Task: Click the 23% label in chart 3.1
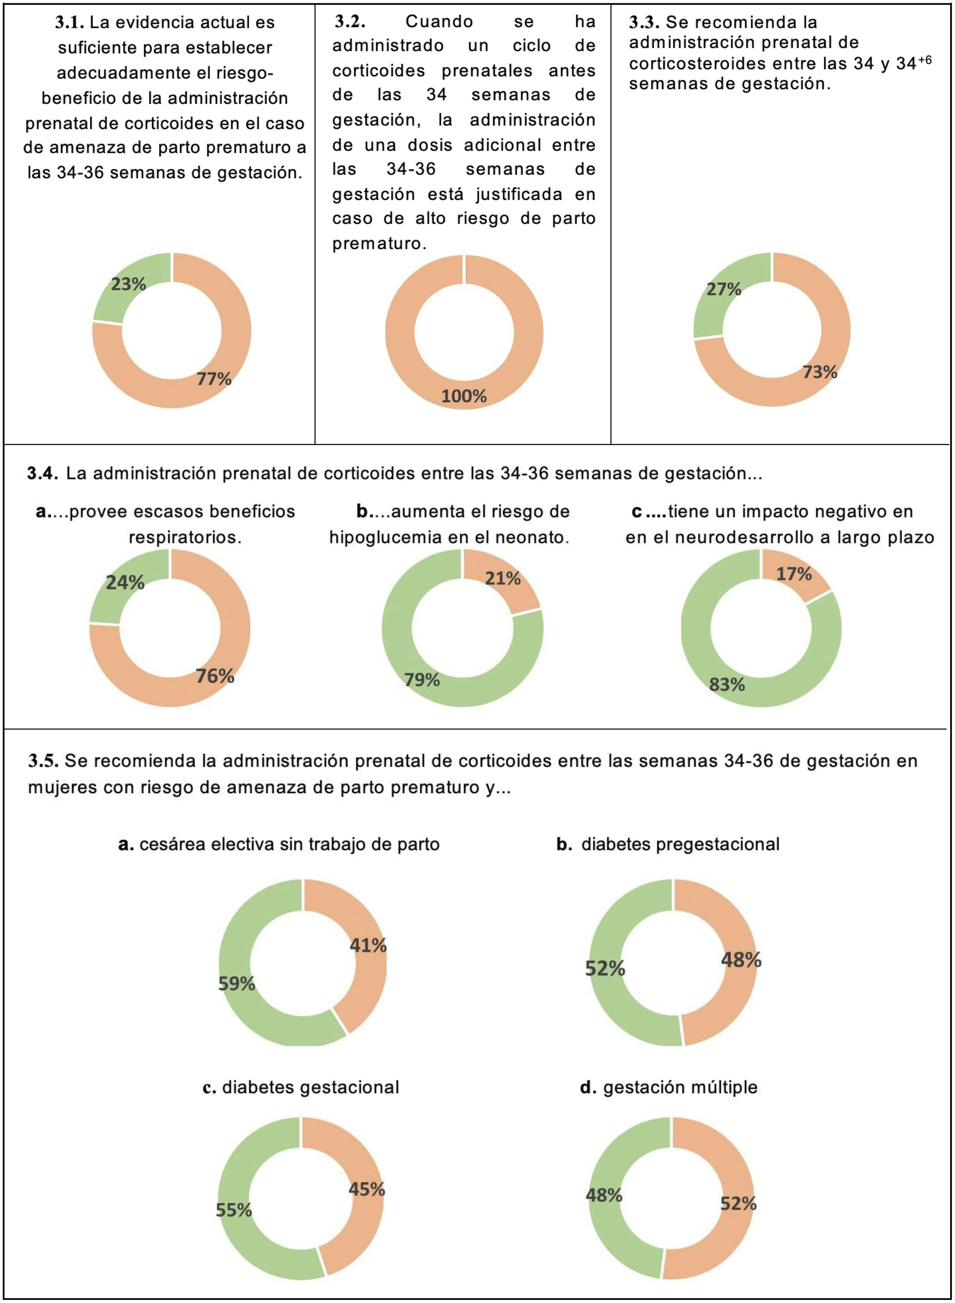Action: coord(128,284)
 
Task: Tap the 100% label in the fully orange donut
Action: coord(464,396)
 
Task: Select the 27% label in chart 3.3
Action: coord(723,289)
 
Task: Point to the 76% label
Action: coord(214,675)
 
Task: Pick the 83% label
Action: coord(727,685)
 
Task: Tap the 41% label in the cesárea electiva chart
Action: coord(368,945)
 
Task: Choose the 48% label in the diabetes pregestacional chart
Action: coord(741,960)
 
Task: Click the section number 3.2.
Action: coord(350,22)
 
